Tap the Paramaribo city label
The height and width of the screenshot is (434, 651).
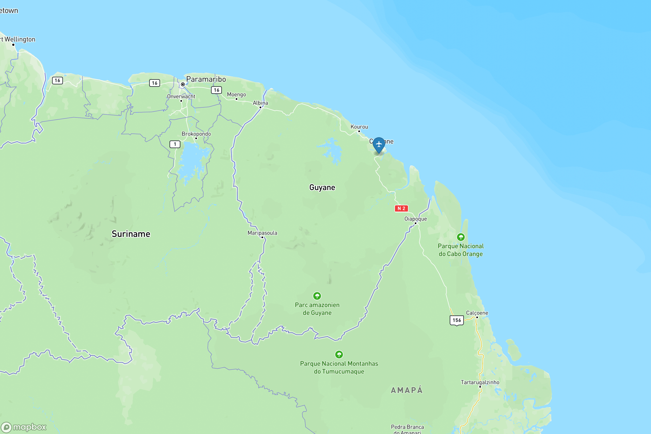pyautogui.click(x=206, y=79)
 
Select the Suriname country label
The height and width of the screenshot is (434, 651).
pyautogui.click(x=131, y=234)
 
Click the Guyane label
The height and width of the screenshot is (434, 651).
pyautogui.click(x=322, y=187)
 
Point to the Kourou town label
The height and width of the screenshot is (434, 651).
pyautogui.click(x=359, y=127)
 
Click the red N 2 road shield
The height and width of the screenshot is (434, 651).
pyautogui.click(x=401, y=208)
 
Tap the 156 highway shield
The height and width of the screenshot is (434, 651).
pyautogui.click(x=457, y=320)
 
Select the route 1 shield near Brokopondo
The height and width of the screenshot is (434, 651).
pyautogui.click(x=175, y=144)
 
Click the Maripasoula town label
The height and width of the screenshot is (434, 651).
pyautogui.click(x=262, y=233)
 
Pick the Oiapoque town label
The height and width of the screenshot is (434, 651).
pyautogui.click(x=416, y=219)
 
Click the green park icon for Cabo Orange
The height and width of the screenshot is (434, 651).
pyautogui.click(x=461, y=237)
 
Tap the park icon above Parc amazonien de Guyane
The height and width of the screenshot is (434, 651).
pyautogui.click(x=317, y=296)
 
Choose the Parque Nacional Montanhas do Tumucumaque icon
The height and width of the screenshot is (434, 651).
pyautogui.click(x=339, y=355)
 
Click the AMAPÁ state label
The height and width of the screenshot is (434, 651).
pyautogui.click(x=407, y=390)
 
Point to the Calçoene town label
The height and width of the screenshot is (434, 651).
pyautogui.click(x=477, y=313)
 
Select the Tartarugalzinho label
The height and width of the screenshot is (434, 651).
pyautogui.click(x=480, y=382)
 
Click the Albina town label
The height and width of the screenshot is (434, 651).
pyautogui.click(x=260, y=103)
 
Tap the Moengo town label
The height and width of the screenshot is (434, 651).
pyautogui.click(x=236, y=94)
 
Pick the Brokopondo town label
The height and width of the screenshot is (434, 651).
pyautogui.click(x=196, y=134)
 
